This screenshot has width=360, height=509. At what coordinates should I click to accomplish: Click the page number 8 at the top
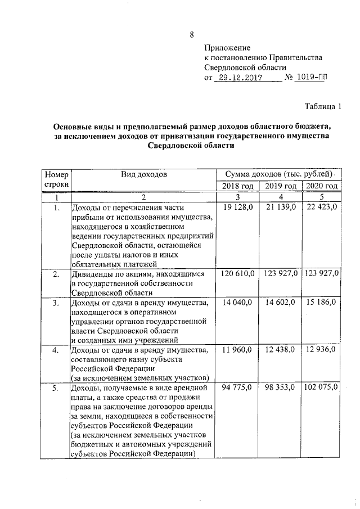point(191,34)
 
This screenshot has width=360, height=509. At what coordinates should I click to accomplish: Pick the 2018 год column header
point(237,186)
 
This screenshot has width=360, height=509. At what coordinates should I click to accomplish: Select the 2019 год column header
point(280,186)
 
